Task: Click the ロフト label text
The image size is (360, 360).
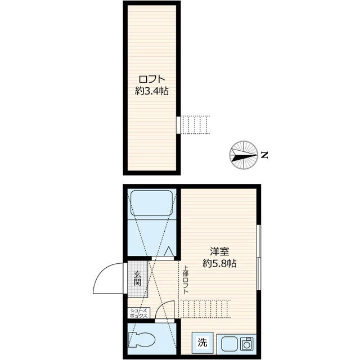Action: [x=152, y=79]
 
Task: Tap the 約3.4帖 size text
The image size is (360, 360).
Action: [x=152, y=91]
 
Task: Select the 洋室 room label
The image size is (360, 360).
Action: [x=219, y=251]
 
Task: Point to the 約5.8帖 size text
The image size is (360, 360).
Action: [x=219, y=263]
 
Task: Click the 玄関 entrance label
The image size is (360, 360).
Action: [x=137, y=278]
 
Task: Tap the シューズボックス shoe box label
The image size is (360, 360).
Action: [x=139, y=313]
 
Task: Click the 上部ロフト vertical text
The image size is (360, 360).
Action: [x=186, y=280]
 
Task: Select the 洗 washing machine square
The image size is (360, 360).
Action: [x=202, y=343]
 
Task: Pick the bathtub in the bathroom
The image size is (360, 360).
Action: [x=151, y=202]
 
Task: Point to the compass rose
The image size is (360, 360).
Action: [x=243, y=155]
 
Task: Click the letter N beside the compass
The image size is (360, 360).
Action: [x=264, y=155]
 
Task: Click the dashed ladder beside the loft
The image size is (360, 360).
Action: [x=195, y=125]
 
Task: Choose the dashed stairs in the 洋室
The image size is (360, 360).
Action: [x=205, y=309]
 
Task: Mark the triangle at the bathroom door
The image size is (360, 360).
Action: [x=169, y=251]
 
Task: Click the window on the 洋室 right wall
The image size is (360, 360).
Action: [x=259, y=258]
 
